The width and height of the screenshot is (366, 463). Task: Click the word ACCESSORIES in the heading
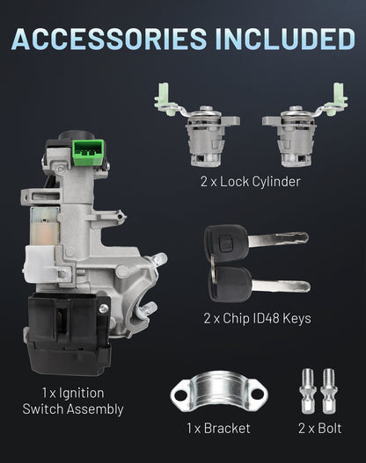(x=109, y=39)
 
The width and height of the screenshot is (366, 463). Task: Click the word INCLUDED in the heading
(x=285, y=39)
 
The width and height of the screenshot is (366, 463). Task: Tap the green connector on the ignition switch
(x=88, y=152)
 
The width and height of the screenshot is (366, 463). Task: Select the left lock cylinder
(x=197, y=125)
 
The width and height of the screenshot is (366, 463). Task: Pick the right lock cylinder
(x=304, y=125)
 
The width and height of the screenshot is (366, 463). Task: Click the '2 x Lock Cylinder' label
(x=251, y=182)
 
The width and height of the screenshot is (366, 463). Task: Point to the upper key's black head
(x=226, y=243)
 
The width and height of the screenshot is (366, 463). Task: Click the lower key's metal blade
(x=281, y=286)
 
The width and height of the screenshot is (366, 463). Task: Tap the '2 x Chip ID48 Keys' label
(x=257, y=318)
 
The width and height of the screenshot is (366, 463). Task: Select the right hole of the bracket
(x=258, y=394)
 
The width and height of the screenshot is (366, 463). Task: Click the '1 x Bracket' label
(x=218, y=428)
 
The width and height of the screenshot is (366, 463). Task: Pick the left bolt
(x=308, y=391)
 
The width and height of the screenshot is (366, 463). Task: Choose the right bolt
(x=329, y=391)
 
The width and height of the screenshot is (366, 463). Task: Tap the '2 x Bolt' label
(x=320, y=428)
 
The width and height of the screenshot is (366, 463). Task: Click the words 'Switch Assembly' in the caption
(x=73, y=409)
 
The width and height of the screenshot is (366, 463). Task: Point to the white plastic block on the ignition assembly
(x=41, y=264)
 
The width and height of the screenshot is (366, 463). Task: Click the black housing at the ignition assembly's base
(x=69, y=334)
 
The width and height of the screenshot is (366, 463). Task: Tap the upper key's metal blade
(x=279, y=239)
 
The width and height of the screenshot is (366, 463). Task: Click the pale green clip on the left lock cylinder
(x=164, y=98)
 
